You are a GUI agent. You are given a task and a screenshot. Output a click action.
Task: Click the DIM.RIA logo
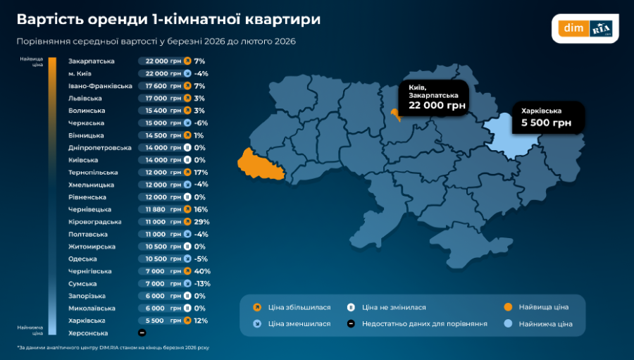[585, 29]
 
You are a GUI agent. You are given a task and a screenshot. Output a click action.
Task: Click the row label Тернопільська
[93, 173]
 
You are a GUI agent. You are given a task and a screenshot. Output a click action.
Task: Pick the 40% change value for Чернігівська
[202, 271]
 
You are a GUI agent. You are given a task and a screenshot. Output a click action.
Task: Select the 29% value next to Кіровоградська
[202, 222]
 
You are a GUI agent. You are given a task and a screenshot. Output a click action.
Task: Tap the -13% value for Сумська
[202, 283]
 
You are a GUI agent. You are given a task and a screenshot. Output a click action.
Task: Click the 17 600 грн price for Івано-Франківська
[163, 86]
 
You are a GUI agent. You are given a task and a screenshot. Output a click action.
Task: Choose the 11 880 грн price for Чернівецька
[163, 209]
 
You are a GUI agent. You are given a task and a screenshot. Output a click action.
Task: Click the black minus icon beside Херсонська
[142, 333]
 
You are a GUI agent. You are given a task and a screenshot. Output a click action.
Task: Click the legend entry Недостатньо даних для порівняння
[424, 324]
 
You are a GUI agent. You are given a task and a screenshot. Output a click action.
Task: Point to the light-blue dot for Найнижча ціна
[508, 324]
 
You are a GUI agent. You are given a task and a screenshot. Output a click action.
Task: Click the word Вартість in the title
[46, 19]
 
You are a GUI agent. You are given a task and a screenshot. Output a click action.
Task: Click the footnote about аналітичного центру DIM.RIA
[113, 347]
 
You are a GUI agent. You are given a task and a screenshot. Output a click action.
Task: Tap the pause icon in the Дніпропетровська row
[187, 148]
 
